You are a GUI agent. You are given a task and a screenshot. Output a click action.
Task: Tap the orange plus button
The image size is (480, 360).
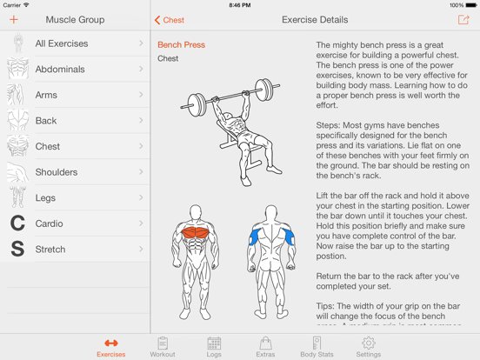click(13, 19)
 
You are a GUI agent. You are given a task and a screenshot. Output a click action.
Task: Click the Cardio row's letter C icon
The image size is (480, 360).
click(17, 223)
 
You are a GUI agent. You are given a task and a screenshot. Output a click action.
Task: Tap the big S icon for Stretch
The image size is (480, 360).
click(17, 250)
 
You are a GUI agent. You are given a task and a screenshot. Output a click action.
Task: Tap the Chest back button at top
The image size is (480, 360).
click(170, 19)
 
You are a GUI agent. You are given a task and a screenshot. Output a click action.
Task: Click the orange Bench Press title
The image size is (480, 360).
click(181, 44)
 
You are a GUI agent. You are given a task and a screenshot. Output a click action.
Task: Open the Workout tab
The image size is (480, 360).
click(162, 346)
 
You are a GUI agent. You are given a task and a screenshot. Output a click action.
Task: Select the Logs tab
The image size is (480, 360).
click(214, 346)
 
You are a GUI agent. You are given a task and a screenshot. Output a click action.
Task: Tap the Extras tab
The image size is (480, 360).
click(264, 346)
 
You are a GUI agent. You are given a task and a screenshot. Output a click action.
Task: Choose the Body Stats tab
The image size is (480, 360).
click(317, 346)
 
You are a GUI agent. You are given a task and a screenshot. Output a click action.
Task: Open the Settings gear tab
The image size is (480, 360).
click(368, 346)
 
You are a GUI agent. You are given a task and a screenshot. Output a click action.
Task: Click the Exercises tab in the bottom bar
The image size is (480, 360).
click(110, 346)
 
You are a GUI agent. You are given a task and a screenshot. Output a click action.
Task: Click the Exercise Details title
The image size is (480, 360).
click(315, 19)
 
